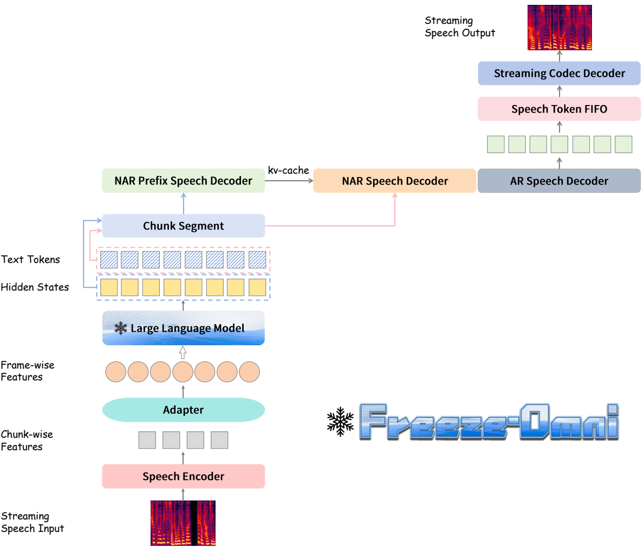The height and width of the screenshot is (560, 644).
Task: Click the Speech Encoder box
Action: [x=183, y=476]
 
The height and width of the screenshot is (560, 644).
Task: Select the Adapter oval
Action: [x=183, y=410]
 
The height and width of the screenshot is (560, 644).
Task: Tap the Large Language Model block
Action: [x=183, y=328]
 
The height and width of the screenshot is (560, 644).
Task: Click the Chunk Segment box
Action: [x=183, y=226]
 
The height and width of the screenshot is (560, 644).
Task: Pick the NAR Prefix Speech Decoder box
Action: [x=183, y=181]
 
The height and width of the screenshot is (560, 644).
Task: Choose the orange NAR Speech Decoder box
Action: [x=395, y=181]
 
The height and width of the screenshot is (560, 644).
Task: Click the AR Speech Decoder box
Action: [x=559, y=181]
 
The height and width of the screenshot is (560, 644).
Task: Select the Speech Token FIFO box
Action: [x=559, y=109]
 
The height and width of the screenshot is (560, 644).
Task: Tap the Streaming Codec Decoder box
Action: [x=559, y=73]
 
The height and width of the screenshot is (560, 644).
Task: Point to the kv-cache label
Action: [x=288, y=170]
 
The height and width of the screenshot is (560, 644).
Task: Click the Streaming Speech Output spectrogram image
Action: [x=560, y=28]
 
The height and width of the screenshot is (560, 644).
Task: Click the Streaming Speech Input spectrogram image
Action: [x=183, y=523]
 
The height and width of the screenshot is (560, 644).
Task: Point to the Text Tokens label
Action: [x=30, y=260]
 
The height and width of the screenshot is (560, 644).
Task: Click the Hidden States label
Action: [x=35, y=287]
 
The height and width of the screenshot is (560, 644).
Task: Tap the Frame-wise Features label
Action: [x=27, y=371]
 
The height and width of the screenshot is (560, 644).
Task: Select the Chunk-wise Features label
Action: [x=27, y=440]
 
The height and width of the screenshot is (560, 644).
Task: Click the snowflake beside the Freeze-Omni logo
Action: [x=340, y=422]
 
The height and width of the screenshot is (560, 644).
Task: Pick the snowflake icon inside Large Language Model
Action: [x=121, y=328]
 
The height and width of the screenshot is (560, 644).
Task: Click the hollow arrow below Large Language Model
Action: [x=183, y=353]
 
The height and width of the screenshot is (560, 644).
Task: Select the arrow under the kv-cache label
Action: [x=289, y=181]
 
